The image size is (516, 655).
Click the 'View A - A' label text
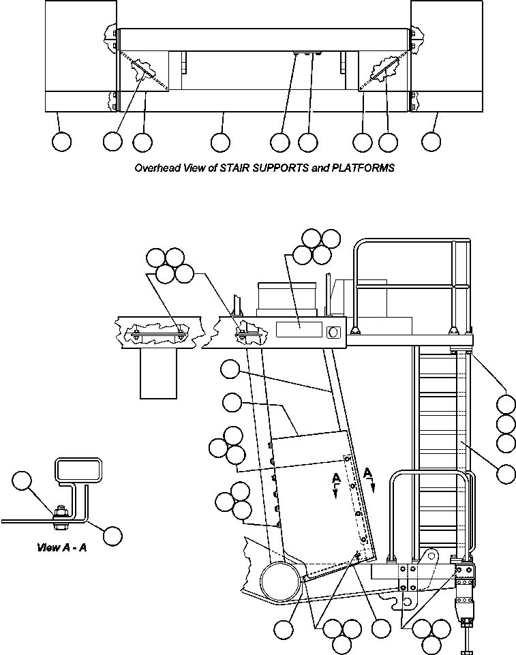click(x=61, y=547)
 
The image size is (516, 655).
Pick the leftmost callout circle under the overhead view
click(x=61, y=142)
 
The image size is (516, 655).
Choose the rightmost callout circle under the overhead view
click(x=431, y=142)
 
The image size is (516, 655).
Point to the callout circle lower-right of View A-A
click(x=113, y=536)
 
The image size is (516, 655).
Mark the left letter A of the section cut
click(x=335, y=479)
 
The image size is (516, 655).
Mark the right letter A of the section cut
click(x=368, y=472)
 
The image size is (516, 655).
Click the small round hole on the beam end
click(x=333, y=332)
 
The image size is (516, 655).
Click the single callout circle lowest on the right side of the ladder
click(x=506, y=474)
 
